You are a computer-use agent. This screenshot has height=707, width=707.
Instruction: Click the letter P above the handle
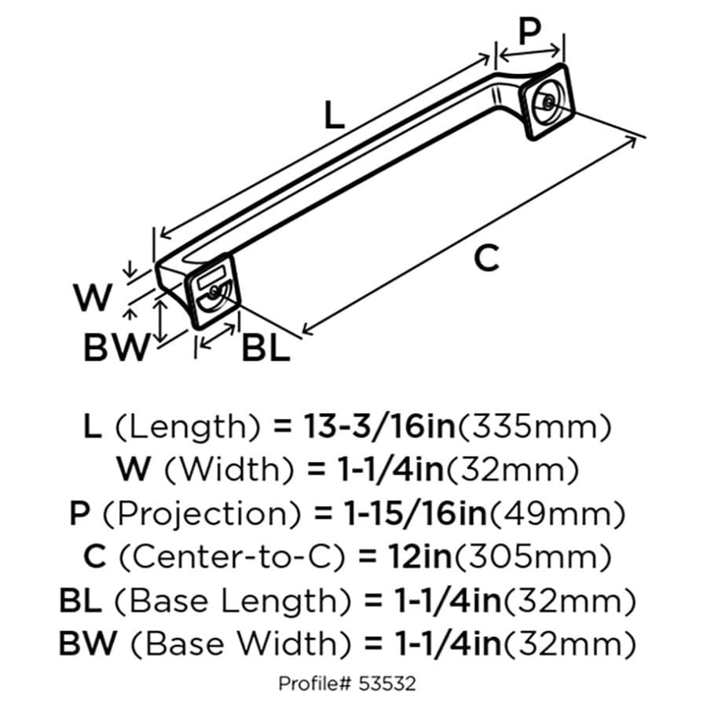(x=529, y=31)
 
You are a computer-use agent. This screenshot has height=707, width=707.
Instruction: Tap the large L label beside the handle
(x=334, y=115)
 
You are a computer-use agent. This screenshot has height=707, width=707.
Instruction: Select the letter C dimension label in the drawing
(x=486, y=258)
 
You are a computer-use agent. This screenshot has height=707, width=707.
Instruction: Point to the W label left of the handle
(x=93, y=298)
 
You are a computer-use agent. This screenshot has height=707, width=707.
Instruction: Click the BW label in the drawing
(x=116, y=347)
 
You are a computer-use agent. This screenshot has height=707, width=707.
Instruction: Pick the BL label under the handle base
(x=266, y=349)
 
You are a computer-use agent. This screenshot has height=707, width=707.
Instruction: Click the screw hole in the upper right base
(x=548, y=103)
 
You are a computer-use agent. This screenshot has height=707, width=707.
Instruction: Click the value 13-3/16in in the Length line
(x=379, y=427)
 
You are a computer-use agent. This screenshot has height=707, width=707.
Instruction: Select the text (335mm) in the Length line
(x=535, y=427)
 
